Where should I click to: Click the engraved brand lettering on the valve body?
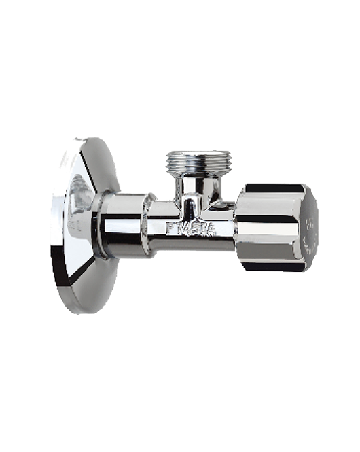coord(192,228)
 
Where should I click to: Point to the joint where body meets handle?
coord(237,227)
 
